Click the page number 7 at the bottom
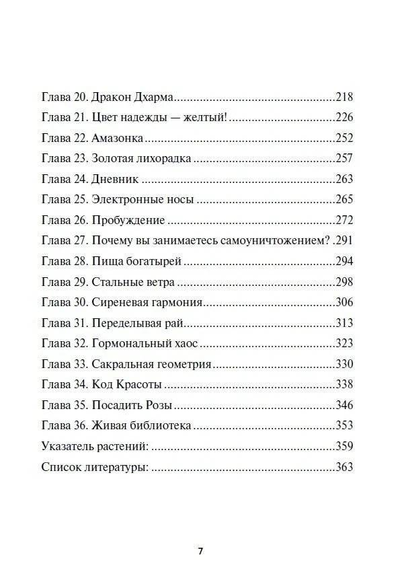[x=200, y=550]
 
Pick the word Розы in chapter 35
[x=160, y=406]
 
